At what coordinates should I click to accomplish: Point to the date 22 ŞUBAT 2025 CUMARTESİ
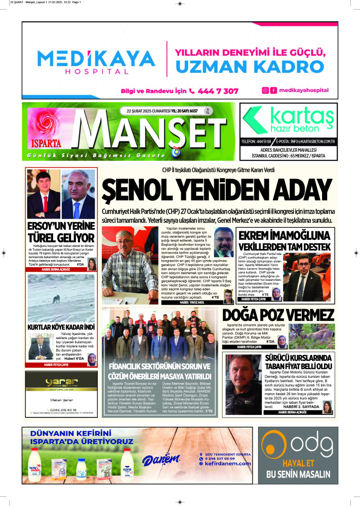tap(147, 111)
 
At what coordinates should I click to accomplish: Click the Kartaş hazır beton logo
tap(288, 119)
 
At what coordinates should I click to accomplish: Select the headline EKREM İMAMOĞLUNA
tap(284, 236)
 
